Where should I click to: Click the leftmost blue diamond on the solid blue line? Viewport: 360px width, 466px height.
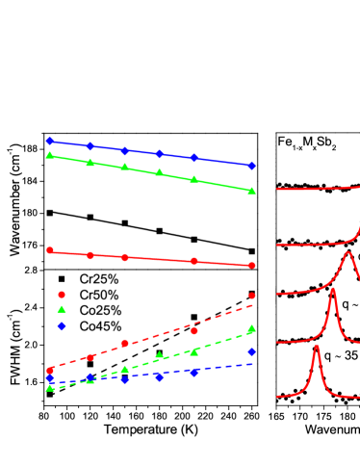pyautogui.click(x=50, y=141)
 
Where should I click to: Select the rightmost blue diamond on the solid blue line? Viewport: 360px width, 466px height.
pyautogui.click(x=251, y=166)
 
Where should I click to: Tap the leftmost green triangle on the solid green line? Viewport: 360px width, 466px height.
pyautogui.click(x=50, y=155)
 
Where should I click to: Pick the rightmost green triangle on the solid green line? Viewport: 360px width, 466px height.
pyautogui.click(x=251, y=191)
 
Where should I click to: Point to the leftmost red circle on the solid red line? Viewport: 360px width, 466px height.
pyautogui.click(x=50, y=250)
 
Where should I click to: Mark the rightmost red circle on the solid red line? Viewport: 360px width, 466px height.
pyautogui.click(x=251, y=265)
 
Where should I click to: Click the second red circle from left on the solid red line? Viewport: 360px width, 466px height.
pyautogui.click(x=90, y=255)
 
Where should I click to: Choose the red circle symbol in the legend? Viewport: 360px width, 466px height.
pyautogui.click(x=62, y=295)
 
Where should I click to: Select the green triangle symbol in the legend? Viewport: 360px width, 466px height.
pyautogui.click(x=62, y=309)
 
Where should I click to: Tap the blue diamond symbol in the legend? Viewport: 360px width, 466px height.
pyautogui.click(x=62, y=326)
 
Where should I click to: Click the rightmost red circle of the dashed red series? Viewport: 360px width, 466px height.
pyautogui.click(x=251, y=296)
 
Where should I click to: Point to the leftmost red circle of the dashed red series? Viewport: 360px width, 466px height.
pyautogui.click(x=50, y=370)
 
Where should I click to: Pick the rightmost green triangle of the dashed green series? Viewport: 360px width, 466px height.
pyautogui.click(x=251, y=329)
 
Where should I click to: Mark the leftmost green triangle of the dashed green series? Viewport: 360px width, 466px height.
pyautogui.click(x=50, y=388)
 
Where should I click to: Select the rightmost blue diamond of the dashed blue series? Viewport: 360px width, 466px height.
pyautogui.click(x=251, y=351)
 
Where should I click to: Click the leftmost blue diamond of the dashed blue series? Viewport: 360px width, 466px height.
pyautogui.click(x=50, y=379)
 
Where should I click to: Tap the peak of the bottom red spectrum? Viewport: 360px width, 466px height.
pyautogui.click(x=316, y=349)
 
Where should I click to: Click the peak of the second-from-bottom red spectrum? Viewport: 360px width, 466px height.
pyautogui.click(x=332, y=291)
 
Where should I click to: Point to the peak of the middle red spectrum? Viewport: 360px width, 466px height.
pyautogui.click(x=347, y=253)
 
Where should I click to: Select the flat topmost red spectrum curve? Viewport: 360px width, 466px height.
pyautogui.click(x=318, y=189)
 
